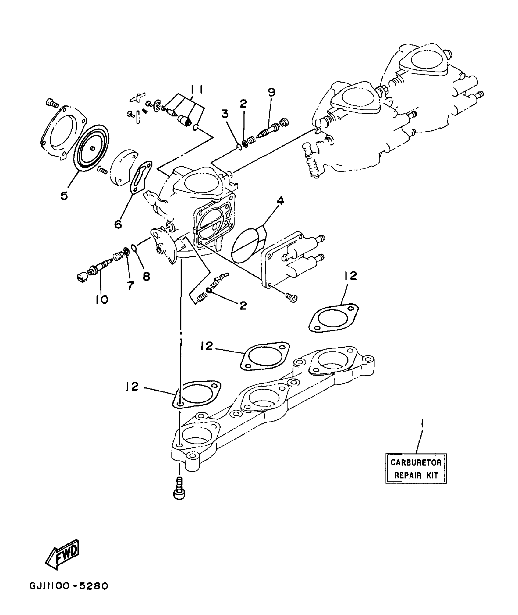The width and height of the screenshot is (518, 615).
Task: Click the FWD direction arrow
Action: (x=62, y=555)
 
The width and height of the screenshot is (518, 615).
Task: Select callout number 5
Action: (x=64, y=196)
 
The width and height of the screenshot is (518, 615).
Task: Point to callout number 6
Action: (x=118, y=224)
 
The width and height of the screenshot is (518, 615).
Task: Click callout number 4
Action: (x=280, y=201)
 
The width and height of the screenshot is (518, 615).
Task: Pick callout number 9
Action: (x=271, y=92)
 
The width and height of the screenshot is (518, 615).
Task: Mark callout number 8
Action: (x=146, y=276)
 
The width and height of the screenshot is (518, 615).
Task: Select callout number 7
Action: (x=130, y=285)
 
